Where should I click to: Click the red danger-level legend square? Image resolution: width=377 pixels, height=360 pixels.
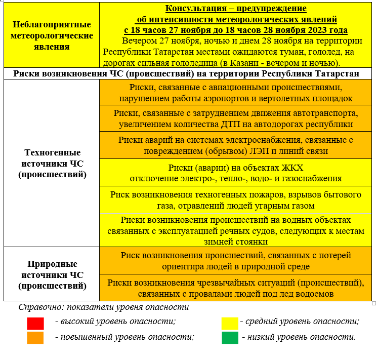point(35,323)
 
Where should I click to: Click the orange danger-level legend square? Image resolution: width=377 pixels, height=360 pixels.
point(35,337)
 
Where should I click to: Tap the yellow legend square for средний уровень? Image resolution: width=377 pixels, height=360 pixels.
point(230,323)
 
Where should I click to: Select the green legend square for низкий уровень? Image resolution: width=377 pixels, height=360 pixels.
point(230,337)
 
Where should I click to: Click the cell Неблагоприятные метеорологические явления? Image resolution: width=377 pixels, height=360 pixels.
point(52,35)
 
